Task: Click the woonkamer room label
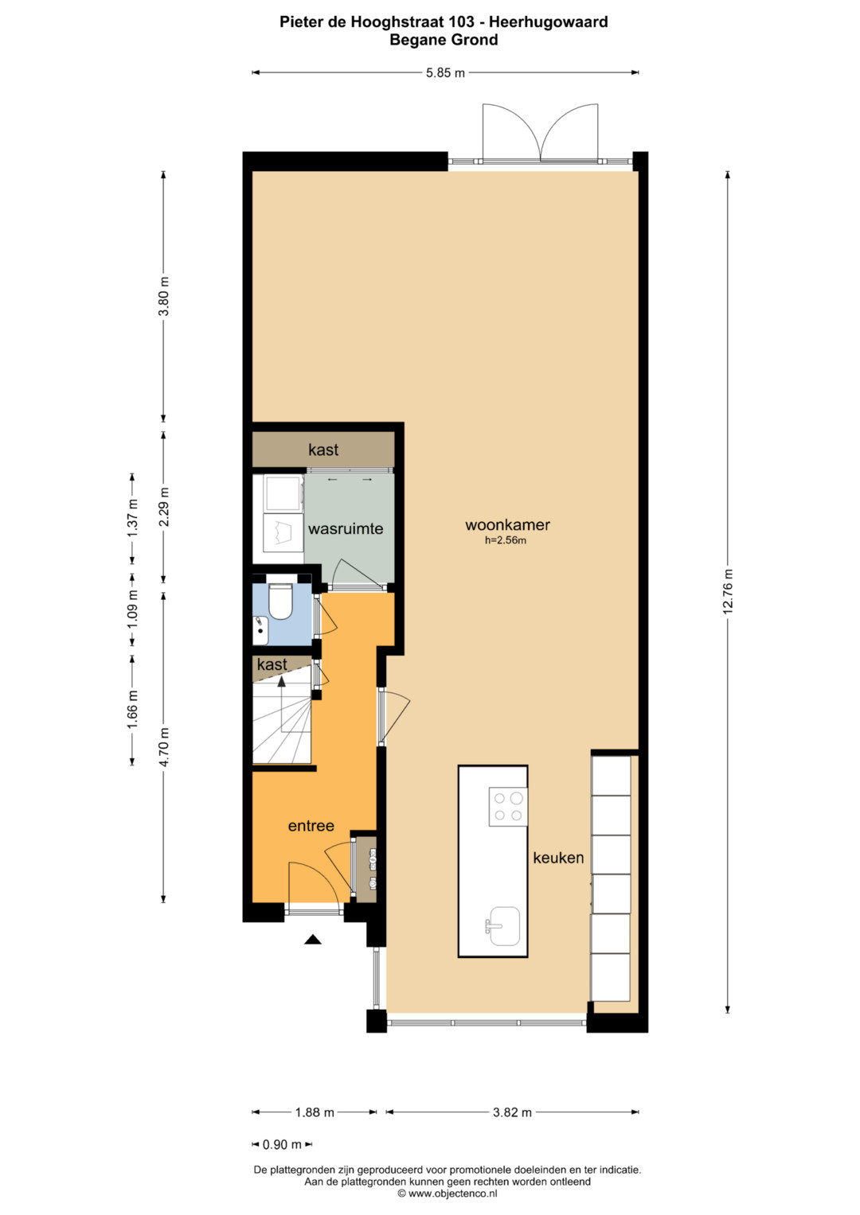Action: pyautogui.click(x=507, y=525)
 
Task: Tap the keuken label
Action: pyautogui.click(x=558, y=858)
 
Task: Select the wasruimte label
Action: pyautogui.click(x=346, y=529)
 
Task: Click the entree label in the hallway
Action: pyautogui.click(x=311, y=826)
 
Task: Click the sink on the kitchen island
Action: pyautogui.click(x=502, y=925)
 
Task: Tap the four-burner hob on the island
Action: pyautogui.click(x=508, y=807)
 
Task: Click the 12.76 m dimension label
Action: pyautogui.click(x=728, y=592)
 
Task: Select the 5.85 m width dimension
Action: pyautogui.click(x=445, y=72)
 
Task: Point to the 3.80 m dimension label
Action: pyautogui.click(x=164, y=296)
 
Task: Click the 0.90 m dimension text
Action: pyautogui.click(x=282, y=1144)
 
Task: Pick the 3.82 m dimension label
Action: pyautogui.click(x=512, y=1112)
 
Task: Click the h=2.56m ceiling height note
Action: pyautogui.click(x=506, y=540)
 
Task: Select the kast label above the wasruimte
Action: pyautogui.click(x=323, y=450)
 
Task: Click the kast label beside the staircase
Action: pyautogui.click(x=272, y=664)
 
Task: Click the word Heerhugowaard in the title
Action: pyautogui.click(x=549, y=21)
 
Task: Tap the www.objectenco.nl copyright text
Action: pyautogui.click(x=447, y=1194)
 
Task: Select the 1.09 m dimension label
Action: pyautogui.click(x=132, y=610)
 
